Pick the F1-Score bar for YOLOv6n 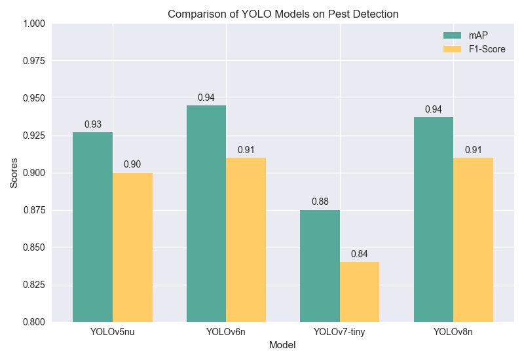[x=246, y=240]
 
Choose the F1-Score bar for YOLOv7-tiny [x=360, y=292]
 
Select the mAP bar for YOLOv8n [x=434, y=219]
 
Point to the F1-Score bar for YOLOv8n [x=474, y=240]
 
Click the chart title [x=283, y=14]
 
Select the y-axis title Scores [x=14, y=173]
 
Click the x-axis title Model [x=282, y=345]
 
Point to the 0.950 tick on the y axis [x=31, y=98]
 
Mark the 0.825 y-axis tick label [x=31, y=285]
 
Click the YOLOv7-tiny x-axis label [x=339, y=332]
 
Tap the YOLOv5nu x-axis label [x=113, y=332]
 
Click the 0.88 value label [x=320, y=202]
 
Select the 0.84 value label [x=360, y=254]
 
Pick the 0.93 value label [x=92, y=124]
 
